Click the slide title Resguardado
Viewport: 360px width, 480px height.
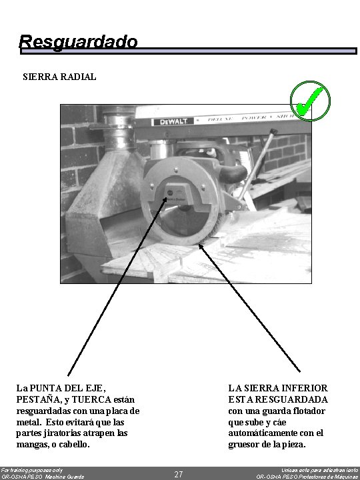[x=78, y=42]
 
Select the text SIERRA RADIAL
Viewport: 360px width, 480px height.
[x=59, y=77]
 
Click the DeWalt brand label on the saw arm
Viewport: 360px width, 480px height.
[x=173, y=121]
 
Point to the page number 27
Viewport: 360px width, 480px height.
[x=179, y=474]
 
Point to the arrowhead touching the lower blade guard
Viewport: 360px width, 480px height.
[x=202, y=245]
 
